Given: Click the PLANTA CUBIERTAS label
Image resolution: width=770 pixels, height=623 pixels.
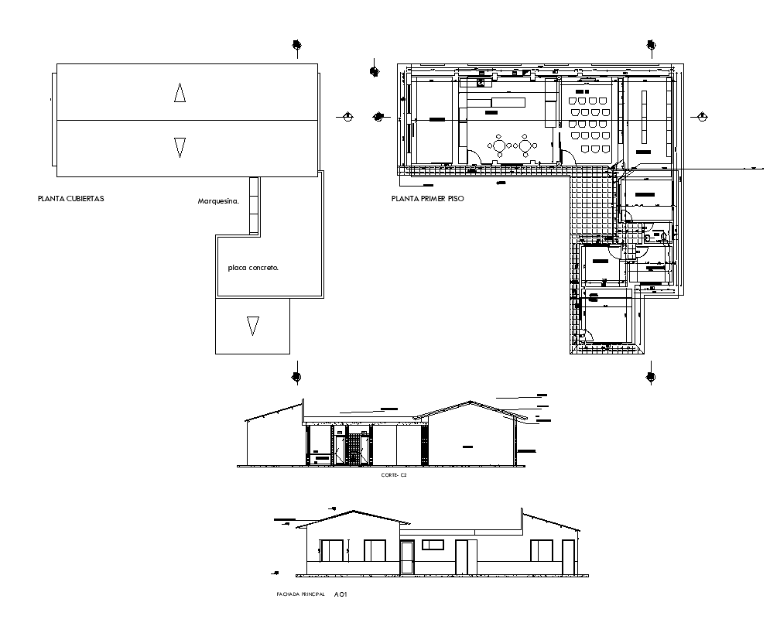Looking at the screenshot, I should point(70,199).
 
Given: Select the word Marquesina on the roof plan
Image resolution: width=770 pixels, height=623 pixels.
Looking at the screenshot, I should point(218,200).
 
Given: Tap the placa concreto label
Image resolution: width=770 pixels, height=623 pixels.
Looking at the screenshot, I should point(253,268).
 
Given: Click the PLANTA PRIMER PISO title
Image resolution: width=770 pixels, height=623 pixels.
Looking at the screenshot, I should point(428,199).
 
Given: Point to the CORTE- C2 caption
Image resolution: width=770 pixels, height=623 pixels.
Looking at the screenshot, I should point(394,475).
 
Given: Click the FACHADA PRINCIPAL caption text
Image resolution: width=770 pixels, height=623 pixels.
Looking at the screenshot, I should point(300,594).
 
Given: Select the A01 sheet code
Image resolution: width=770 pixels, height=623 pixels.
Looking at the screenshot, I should point(341,594).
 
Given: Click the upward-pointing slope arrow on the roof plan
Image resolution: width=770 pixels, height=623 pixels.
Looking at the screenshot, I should point(180,94).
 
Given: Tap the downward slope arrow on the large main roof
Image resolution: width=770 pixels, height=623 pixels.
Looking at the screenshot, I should point(180,146).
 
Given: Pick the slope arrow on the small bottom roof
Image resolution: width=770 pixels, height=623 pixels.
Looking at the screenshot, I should point(252,325).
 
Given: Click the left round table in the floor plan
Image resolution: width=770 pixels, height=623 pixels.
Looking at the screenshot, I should point(500,145).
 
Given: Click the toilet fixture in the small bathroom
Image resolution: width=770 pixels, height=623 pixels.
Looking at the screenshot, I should point(655,232).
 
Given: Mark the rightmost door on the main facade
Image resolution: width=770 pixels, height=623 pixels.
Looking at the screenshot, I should point(568,556).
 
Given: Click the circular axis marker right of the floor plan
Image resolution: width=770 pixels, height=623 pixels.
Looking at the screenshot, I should point(701,117).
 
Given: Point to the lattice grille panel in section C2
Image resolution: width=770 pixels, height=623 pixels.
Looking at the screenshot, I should point(353,450).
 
